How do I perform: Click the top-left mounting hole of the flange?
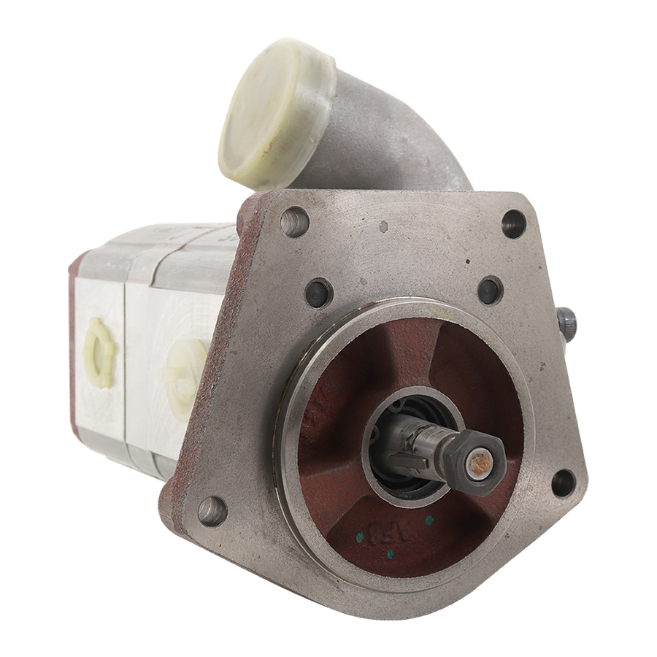coord(294,221)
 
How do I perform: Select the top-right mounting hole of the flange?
coord(514,223)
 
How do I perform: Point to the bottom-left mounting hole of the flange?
coord(212,510)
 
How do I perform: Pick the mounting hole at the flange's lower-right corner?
coord(563,483)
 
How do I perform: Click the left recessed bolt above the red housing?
coord(319,293)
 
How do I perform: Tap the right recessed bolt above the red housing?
coord(491,290)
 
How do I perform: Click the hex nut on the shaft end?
coord(474,462)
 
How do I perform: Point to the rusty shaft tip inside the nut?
coord(480,462)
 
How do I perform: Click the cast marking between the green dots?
coord(394,531)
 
